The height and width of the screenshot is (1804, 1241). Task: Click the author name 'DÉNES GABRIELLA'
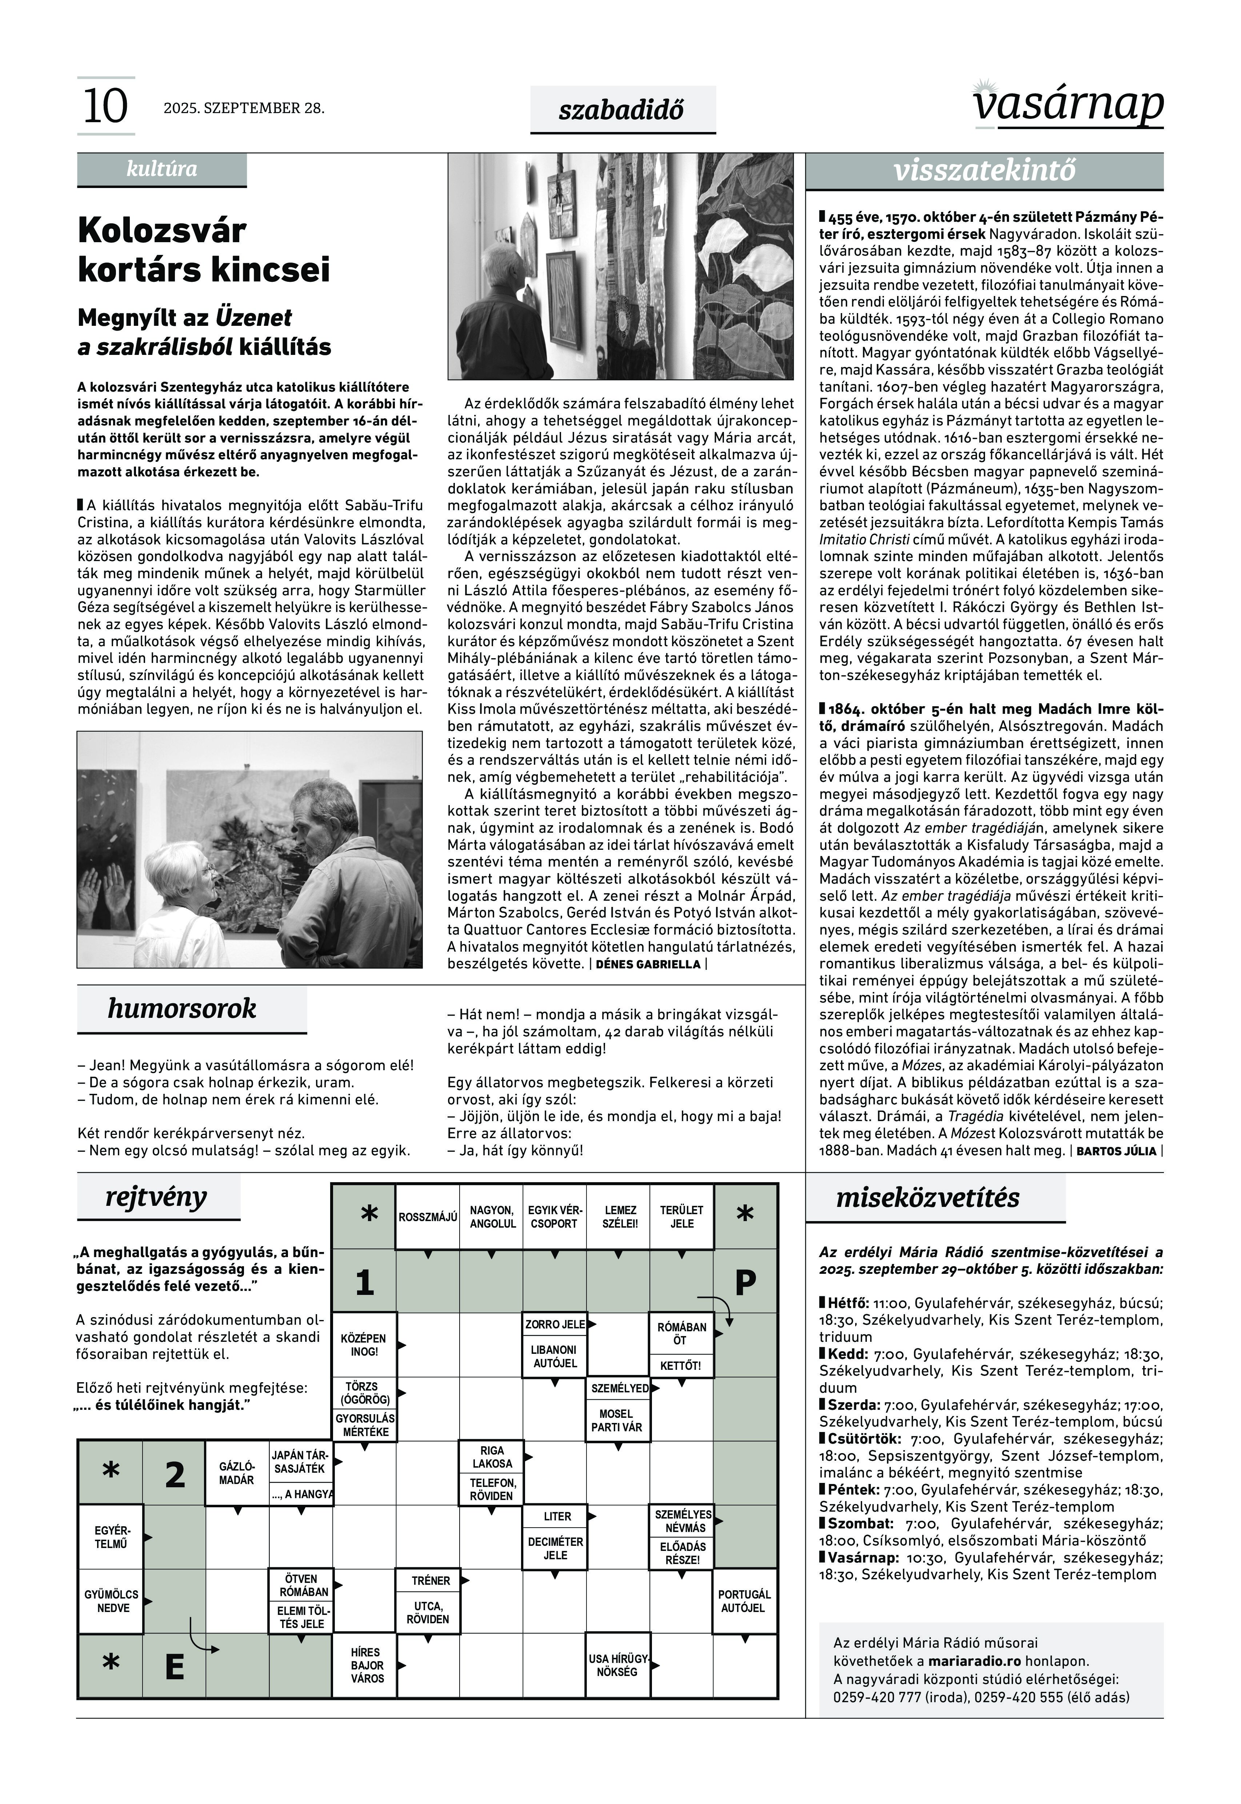[x=648, y=964]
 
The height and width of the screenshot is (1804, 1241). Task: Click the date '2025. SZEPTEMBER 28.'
[x=243, y=108]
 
